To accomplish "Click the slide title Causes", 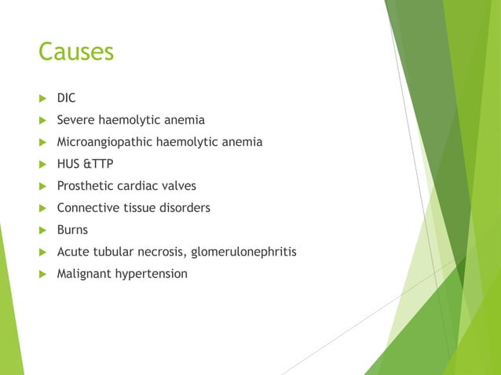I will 76,52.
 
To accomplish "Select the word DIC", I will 67,98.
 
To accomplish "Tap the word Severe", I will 75,120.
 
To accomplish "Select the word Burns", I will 72,230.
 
